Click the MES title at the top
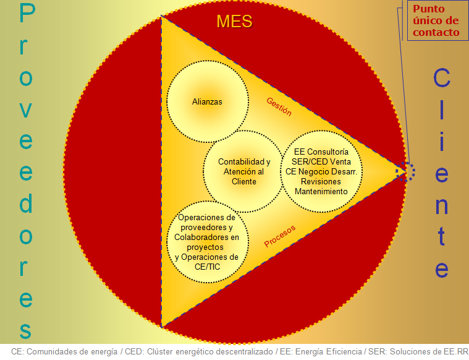coord(234,22)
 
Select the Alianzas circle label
coord(207,102)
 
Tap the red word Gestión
coord(279,106)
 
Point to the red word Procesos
coord(280,236)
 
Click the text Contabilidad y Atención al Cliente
coord(244,171)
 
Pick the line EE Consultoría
coord(321,152)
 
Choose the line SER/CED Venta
coord(321,161)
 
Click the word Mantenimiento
coord(321,191)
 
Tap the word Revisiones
coord(321,181)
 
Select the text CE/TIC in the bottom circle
coord(207,267)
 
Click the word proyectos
coord(205,247)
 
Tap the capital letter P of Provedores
coord(27,13)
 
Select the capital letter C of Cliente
coord(442,77)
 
